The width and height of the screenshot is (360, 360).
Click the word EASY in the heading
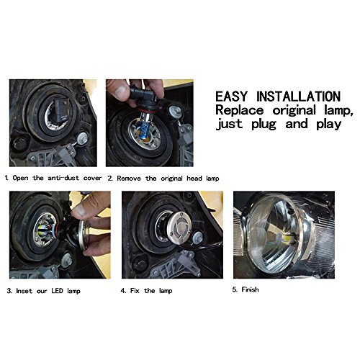pos(231,96)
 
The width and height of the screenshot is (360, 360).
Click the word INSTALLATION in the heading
pos(299,96)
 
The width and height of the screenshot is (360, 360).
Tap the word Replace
pos(240,110)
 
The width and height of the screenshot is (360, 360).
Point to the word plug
pos(264,125)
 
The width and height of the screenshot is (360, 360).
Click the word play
pos(328,125)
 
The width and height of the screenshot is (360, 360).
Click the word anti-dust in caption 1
pos(63,178)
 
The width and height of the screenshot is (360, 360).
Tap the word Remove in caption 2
pos(129,179)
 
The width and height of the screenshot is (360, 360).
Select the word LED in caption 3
pos(57,291)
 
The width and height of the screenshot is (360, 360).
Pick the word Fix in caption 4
pos(135,291)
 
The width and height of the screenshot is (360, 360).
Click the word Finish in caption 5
pos(250,289)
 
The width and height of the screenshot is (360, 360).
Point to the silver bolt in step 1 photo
pos(82,138)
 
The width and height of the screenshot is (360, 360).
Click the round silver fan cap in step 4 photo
pos(179,224)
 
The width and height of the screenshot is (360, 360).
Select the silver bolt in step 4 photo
pos(197,237)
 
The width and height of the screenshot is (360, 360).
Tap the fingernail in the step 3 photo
pos(80,210)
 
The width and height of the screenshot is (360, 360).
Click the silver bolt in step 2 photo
pos(174,110)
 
